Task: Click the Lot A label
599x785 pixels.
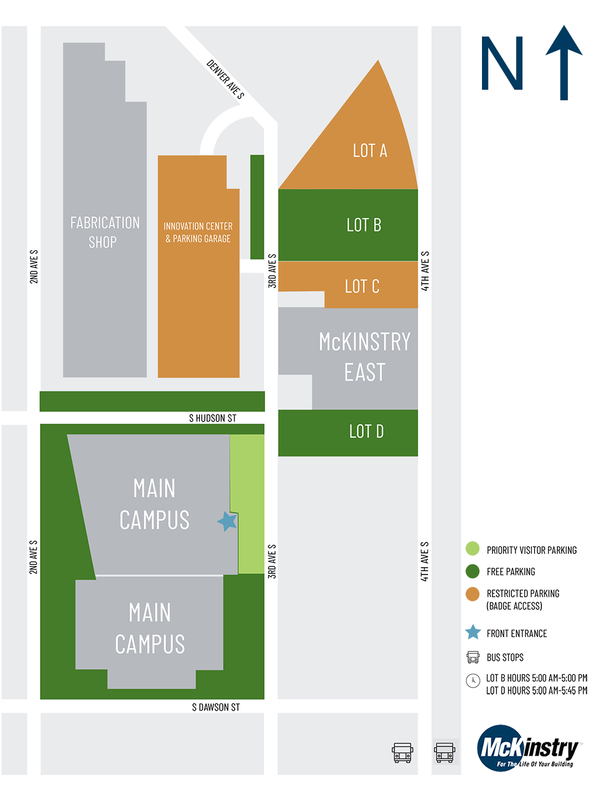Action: point(369,151)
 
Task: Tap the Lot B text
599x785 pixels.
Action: point(364,225)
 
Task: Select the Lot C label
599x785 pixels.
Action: point(362,286)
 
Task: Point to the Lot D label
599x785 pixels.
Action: point(366,432)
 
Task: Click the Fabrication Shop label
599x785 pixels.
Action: point(104,232)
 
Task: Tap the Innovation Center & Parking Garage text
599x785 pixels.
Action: point(198,233)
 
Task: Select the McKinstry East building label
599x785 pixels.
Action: point(364,357)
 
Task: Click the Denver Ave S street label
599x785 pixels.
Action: point(225,79)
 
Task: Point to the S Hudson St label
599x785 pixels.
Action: point(212,418)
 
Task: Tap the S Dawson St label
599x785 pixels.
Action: point(216,707)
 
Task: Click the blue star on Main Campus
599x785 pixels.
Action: point(227,521)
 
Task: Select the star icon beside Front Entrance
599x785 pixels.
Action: point(473,632)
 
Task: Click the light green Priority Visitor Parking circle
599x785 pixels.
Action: point(472,548)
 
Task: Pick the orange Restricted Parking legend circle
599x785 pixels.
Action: point(472,594)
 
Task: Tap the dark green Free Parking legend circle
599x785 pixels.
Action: point(472,571)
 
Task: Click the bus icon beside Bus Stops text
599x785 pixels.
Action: point(473,658)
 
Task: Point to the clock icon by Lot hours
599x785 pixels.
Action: point(473,680)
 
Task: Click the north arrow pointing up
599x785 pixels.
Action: point(564,63)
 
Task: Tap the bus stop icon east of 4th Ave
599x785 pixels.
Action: point(444,752)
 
